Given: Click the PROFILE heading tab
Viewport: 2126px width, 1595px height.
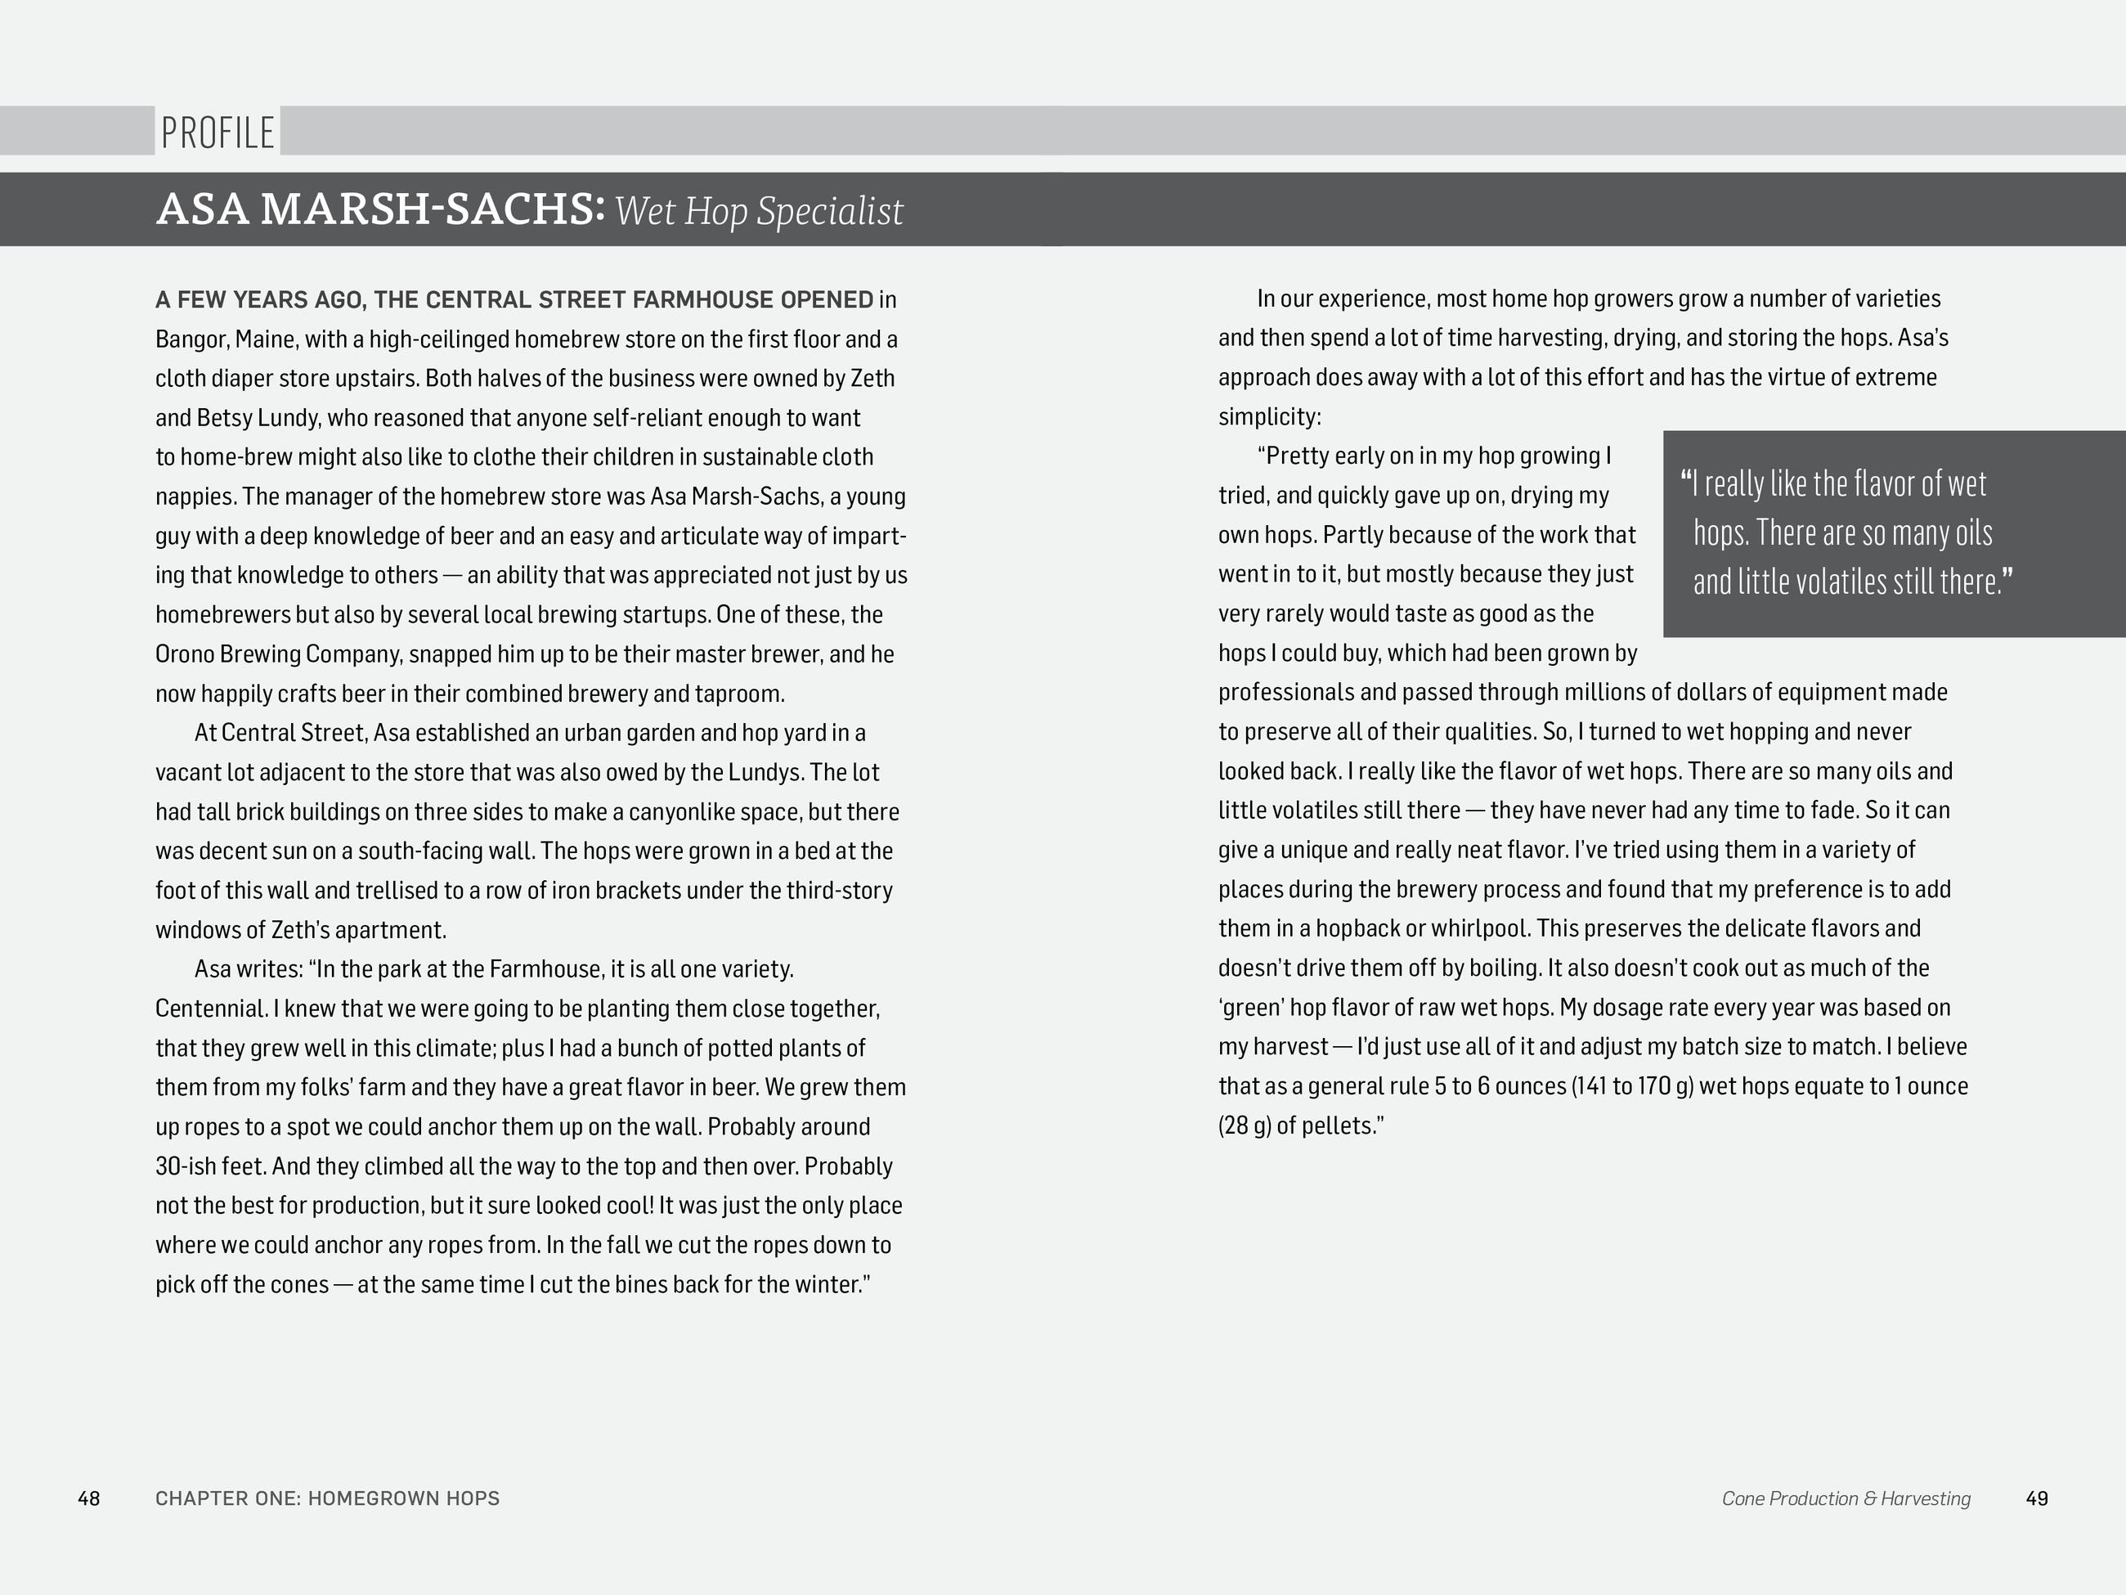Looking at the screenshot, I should click(x=218, y=133).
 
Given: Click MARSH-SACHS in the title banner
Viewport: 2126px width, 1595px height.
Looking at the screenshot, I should click(x=433, y=209).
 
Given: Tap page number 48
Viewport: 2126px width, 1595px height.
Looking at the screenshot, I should click(x=88, y=1498).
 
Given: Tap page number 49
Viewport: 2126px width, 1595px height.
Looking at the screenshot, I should click(x=2037, y=1498).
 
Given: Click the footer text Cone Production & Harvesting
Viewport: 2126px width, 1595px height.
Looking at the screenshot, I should click(x=1846, y=1498).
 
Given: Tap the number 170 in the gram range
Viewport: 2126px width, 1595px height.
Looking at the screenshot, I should click(x=1656, y=1086).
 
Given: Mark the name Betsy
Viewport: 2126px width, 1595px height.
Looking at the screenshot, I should click(x=224, y=418).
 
